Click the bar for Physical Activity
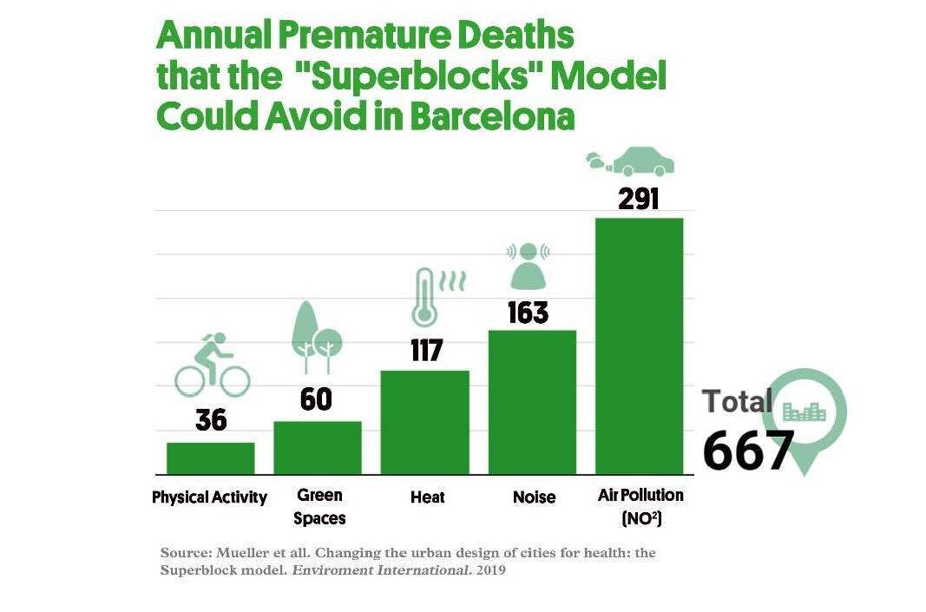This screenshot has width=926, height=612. [211, 458]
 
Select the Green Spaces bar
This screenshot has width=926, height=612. [318, 448]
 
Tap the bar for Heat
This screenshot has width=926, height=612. [425, 423]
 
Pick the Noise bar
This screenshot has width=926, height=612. [532, 402]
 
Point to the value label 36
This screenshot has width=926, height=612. [211, 420]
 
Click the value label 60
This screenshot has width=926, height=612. [317, 399]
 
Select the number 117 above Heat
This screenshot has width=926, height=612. [426, 351]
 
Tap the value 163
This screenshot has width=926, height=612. [529, 313]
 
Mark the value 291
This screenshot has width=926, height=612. [639, 199]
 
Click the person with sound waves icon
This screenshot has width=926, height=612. [529, 266]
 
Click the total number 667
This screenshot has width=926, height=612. [747, 450]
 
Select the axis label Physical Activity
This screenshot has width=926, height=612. [209, 497]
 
